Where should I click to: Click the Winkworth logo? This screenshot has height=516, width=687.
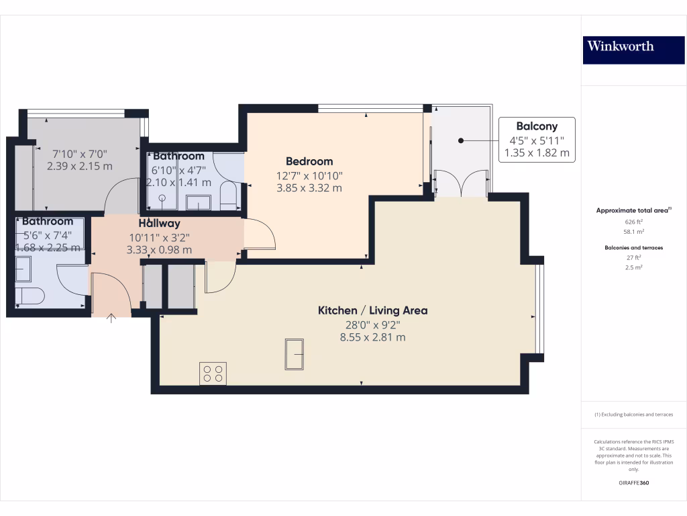tap(620, 46)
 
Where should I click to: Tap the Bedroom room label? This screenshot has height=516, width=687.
tap(309, 161)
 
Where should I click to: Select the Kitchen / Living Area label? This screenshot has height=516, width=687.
tap(372, 310)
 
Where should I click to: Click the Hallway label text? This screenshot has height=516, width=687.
tap(159, 223)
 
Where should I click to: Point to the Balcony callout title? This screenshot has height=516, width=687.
tap(536, 126)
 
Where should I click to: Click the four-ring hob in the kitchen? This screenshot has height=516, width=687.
tap(213, 373)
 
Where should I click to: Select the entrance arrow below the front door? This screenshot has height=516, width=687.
tap(111, 318)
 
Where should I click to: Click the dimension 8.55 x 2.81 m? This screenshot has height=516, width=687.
tap(372, 337)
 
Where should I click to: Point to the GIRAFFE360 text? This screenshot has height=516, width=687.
tap(633, 483)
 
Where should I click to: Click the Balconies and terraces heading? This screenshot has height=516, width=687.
tap(633, 248)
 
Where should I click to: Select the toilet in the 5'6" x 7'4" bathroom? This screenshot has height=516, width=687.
tap(30, 296)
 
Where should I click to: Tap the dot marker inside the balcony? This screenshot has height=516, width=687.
tap(461, 140)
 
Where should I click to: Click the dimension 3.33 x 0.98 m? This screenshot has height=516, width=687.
tap(159, 250)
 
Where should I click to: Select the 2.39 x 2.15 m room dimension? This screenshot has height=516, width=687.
tap(80, 165)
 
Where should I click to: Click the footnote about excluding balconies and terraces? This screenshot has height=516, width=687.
tap(633, 415)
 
